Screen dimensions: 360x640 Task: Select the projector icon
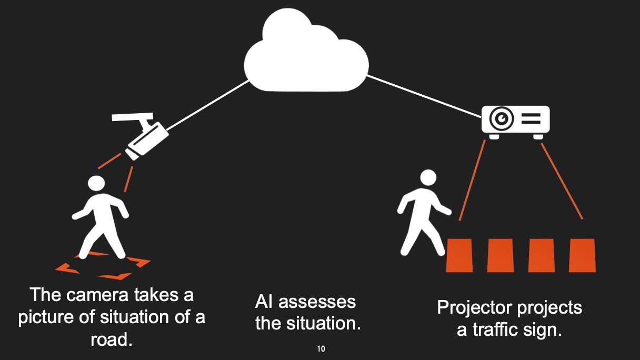[516, 119]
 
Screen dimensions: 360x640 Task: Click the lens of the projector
[501, 119]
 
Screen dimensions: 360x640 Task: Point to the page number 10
[321, 349]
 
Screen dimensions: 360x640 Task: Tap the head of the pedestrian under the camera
[96, 183]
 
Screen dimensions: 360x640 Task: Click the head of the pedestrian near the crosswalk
[428, 177]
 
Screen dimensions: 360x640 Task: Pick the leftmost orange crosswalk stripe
[459, 255]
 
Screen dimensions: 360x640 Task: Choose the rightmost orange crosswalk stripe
[583, 255]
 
